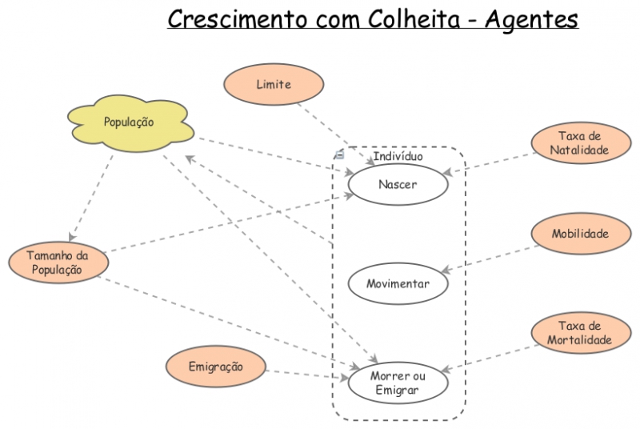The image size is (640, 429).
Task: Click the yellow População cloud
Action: (129, 122)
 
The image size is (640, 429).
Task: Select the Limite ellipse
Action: (274, 84)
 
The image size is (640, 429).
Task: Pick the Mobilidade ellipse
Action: (579, 234)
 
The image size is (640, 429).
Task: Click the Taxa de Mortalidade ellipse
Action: (579, 333)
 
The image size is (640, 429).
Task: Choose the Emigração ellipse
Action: (215, 367)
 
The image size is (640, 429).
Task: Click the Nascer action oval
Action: (398, 184)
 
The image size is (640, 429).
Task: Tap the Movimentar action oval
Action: (398, 283)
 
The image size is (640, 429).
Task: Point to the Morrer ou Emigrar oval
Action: (398, 383)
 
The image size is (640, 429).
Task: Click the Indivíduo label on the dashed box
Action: (398, 156)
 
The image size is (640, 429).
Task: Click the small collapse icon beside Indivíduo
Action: (339, 154)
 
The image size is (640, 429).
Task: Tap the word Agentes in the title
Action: (531, 18)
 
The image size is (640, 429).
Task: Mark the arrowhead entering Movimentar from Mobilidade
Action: (446, 273)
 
